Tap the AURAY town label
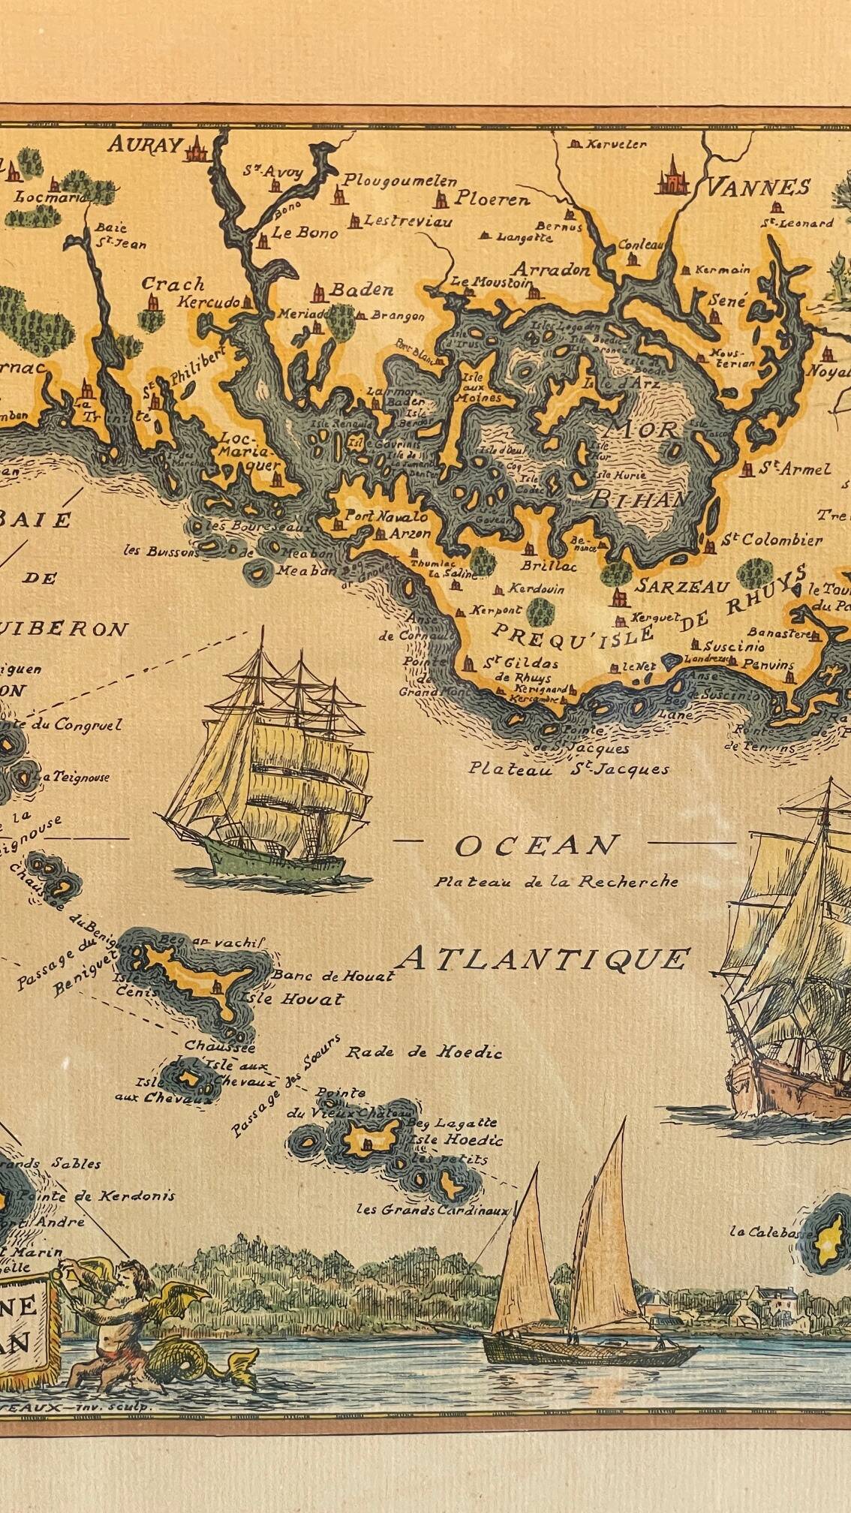coord(144,144)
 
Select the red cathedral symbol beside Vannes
coord(672,177)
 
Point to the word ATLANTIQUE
coord(543,958)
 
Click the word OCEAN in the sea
coord(535,846)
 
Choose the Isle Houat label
coord(291,999)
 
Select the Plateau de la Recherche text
coord(555,882)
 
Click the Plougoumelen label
coord(400,181)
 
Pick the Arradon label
coord(552,270)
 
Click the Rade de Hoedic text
coord(423,1052)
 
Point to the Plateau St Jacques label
coord(568,769)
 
